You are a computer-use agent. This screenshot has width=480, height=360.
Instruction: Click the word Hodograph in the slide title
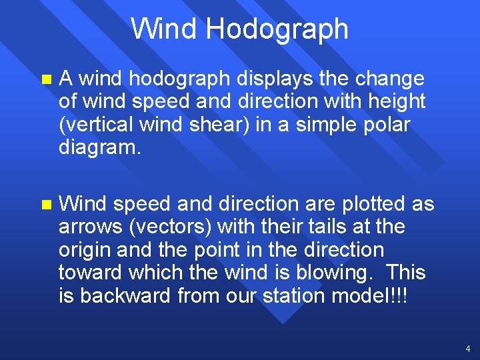[277, 29]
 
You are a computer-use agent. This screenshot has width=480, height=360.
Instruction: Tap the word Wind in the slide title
[164, 29]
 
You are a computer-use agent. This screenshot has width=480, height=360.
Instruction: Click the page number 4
[468, 349]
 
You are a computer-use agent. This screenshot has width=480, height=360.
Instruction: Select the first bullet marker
[45, 79]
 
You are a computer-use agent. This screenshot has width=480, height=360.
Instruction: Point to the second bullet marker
[45, 204]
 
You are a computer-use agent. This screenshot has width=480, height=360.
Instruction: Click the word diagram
[100, 147]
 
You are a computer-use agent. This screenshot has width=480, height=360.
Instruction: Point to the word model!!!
[378, 296]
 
